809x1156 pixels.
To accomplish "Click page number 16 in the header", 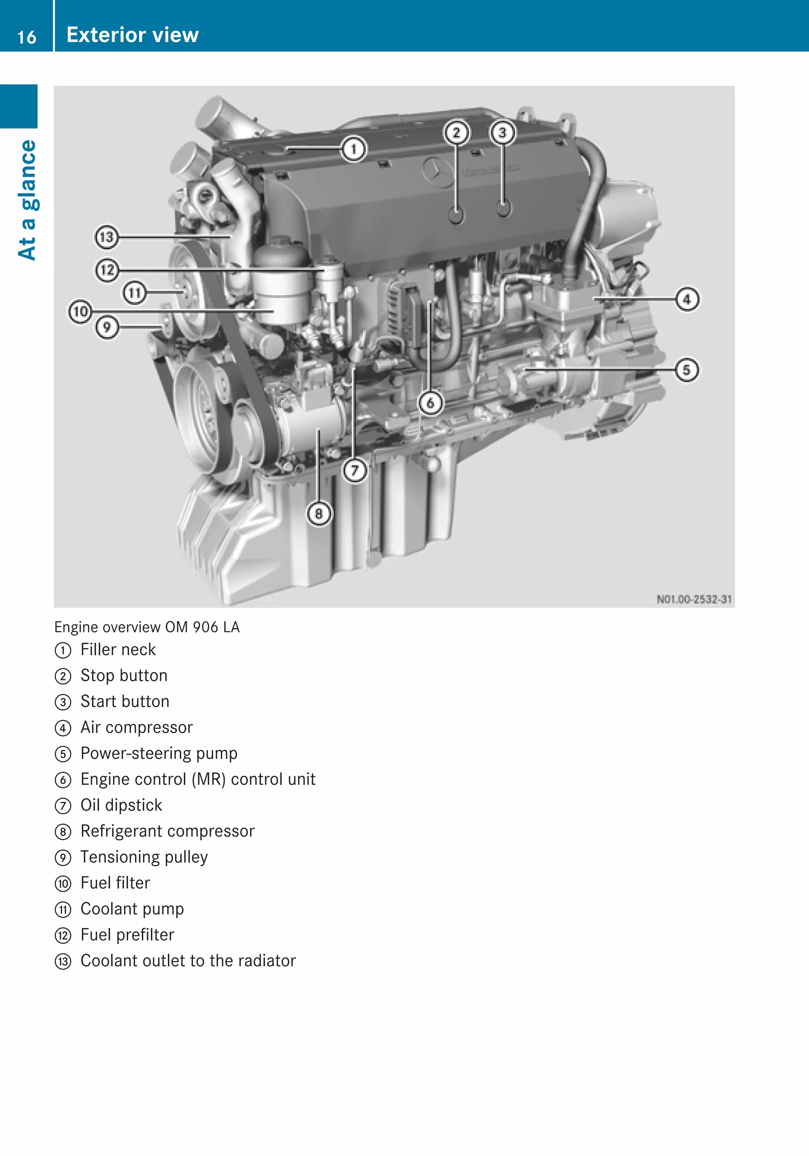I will [x=27, y=37].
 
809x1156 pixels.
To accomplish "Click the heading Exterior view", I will [x=132, y=35].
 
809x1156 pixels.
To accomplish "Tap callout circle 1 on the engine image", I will [x=354, y=149].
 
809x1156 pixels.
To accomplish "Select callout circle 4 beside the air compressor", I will [x=687, y=299].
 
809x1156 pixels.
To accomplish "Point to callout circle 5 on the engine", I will [x=687, y=370].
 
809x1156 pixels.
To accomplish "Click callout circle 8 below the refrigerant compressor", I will [x=319, y=513].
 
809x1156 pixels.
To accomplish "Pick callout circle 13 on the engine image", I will [x=107, y=237].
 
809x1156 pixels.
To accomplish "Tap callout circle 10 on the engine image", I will [x=81, y=312].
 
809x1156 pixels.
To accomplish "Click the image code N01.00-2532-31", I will [x=694, y=599].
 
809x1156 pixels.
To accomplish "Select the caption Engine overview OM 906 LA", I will [x=147, y=627].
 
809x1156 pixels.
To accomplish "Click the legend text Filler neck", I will [x=118, y=649].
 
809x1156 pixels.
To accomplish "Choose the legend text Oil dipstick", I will [x=121, y=805].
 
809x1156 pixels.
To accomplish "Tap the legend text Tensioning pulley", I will [x=144, y=857].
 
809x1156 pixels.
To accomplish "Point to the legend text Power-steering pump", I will [x=159, y=753].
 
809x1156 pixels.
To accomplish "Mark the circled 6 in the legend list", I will [x=63, y=780].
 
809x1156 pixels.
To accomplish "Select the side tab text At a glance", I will [x=28, y=200].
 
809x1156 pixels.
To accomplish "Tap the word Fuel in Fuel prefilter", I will [x=96, y=934].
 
